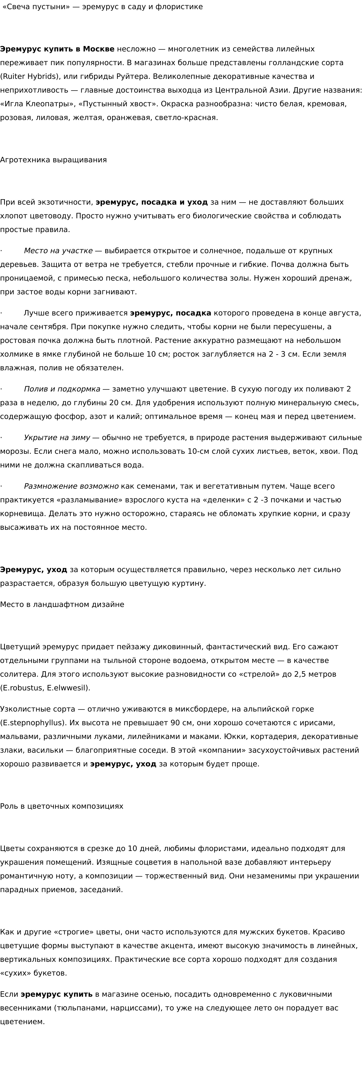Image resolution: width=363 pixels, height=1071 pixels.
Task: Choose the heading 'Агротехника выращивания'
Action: click(x=53, y=160)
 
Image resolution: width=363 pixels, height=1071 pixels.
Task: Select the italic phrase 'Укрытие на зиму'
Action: click(x=57, y=438)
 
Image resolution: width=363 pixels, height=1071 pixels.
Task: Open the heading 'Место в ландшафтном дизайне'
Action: click(x=62, y=605)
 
